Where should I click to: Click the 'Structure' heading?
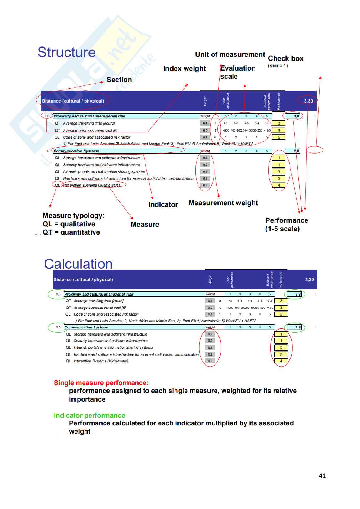coord(66,53)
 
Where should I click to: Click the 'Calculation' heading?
coord(78,264)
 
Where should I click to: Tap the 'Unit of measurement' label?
coord(230,55)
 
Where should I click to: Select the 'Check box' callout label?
coord(285,59)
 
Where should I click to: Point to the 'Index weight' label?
coord(185,69)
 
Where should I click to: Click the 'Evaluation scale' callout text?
coord(237,72)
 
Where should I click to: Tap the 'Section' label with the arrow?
coord(119,80)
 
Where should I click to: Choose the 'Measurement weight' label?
coord(223,203)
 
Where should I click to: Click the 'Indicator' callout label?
coord(163,205)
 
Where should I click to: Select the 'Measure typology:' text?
coord(74,216)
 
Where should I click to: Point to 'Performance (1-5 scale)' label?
coord(286,225)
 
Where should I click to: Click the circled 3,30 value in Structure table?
coord(308,101)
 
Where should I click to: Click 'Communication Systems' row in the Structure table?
coord(76,151)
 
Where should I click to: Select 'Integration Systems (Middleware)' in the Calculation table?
coord(101,361)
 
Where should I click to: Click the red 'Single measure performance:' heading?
coord(101,383)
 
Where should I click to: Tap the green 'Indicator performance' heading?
coord(89,416)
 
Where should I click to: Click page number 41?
coord(322,475)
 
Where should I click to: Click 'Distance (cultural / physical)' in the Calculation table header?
coord(83,279)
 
